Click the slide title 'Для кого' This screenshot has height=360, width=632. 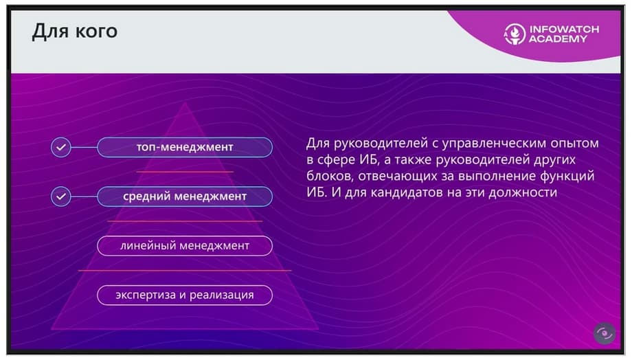pyautogui.click(x=75, y=32)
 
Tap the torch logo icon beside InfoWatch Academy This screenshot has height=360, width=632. pyautogui.click(x=515, y=34)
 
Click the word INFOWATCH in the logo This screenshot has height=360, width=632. pyautogui.click(x=564, y=29)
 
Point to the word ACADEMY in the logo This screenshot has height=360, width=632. pyautogui.click(x=558, y=39)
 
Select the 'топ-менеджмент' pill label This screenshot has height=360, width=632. pyautogui.click(x=185, y=147)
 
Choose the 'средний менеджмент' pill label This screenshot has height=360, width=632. pyautogui.click(x=185, y=196)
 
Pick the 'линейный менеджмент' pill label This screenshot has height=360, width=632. pyautogui.click(x=185, y=245)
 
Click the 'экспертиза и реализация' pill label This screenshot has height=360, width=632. pyautogui.click(x=185, y=295)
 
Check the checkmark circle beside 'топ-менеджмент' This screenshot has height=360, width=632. pyautogui.click(x=61, y=147)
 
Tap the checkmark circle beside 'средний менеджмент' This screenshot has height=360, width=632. pyautogui.click(x=61, y=196)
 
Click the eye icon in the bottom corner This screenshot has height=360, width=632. pyautogui.click(x=605, y=333)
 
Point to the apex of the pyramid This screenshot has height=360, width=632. pyautogui.click(x=185, y=103)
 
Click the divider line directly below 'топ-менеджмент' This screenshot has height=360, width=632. pyautogui.click(x=185, y=172)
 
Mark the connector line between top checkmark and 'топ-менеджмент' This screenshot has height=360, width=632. pyautogui.click(x=84, y=147)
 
